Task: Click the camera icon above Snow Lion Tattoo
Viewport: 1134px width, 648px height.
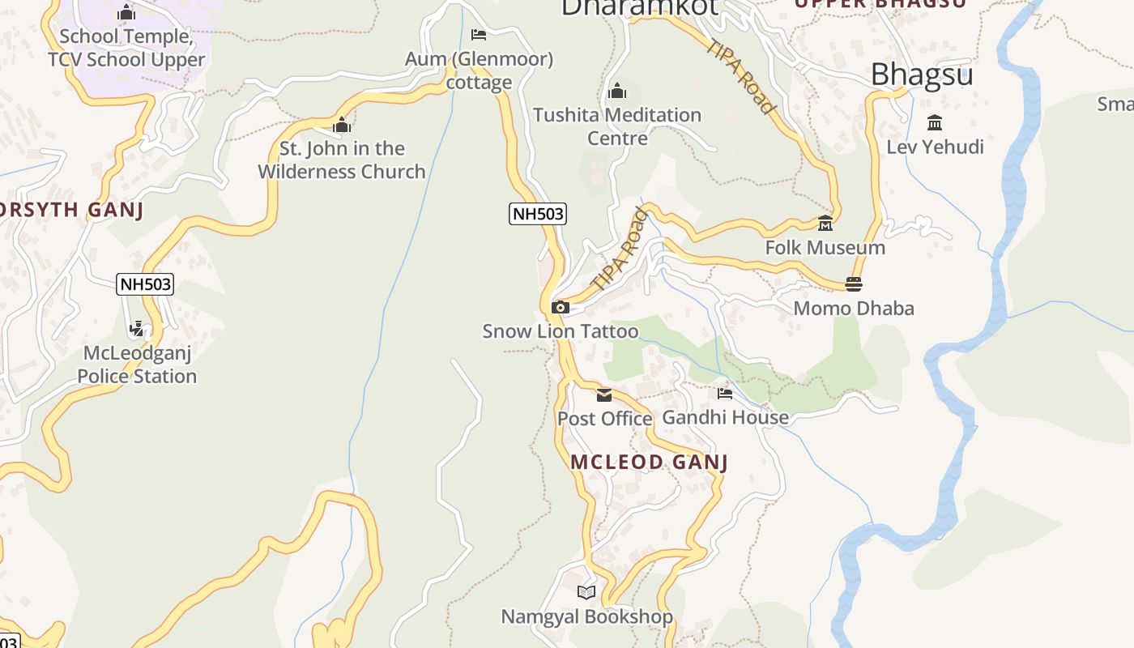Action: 560,308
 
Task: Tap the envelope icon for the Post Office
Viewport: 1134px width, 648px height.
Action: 604,395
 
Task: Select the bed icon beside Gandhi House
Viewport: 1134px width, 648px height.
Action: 725,394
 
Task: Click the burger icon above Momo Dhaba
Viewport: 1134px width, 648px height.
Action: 854,284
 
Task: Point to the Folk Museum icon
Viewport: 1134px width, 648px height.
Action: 825,224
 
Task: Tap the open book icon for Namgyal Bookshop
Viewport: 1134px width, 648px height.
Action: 586,593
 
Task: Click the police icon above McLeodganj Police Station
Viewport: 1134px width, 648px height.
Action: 137,329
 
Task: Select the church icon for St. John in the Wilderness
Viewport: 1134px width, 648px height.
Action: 342,125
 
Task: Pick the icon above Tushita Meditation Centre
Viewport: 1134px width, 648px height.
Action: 617,91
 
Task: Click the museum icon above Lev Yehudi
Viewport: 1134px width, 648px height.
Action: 935,123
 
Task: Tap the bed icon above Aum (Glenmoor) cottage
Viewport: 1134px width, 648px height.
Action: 479,35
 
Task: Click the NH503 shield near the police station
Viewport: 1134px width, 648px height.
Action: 146,284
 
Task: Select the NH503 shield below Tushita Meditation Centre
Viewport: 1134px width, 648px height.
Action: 538,214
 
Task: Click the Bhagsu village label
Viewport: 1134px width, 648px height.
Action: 922,75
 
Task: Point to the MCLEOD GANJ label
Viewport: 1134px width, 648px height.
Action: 650,463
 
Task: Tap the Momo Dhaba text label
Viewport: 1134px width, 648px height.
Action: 854,309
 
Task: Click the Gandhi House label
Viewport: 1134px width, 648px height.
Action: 726,417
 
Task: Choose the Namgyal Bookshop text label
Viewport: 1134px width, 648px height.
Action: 587,617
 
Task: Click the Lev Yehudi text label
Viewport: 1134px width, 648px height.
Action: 936,147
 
